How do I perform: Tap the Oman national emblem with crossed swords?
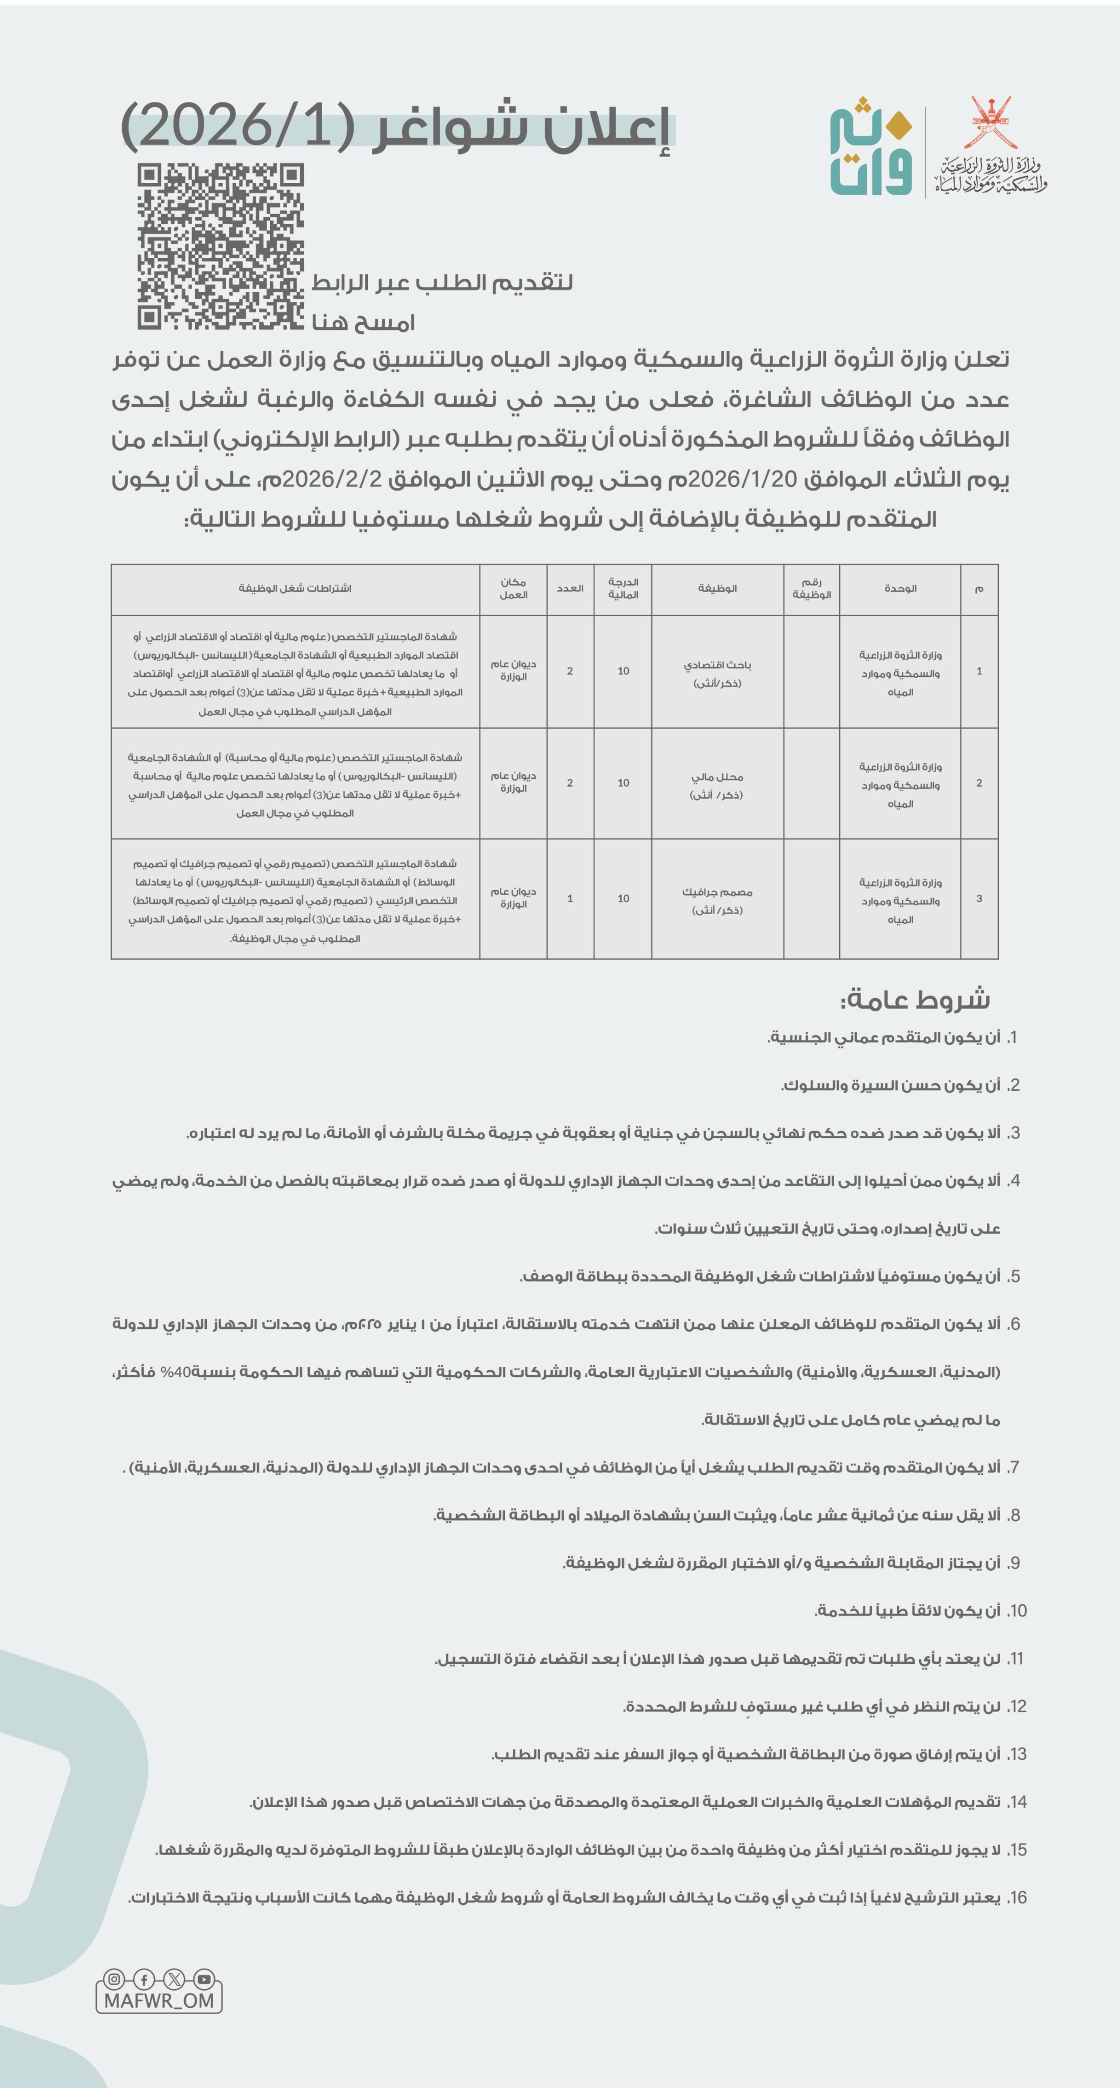tap(992, 122)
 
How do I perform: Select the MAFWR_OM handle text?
tap(159, 2000)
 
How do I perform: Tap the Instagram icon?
tap(114, 1978)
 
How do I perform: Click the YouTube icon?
tap(204, 1978)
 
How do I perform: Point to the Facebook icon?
tap(144, 1978)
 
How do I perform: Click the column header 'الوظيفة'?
tap(717, 588)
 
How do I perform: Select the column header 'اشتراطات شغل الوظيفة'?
tap(295, 588)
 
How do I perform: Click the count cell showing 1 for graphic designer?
tap(570, 899)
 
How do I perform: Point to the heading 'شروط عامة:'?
tap(915, 1000)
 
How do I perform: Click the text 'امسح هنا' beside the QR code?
tap(363, 323)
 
